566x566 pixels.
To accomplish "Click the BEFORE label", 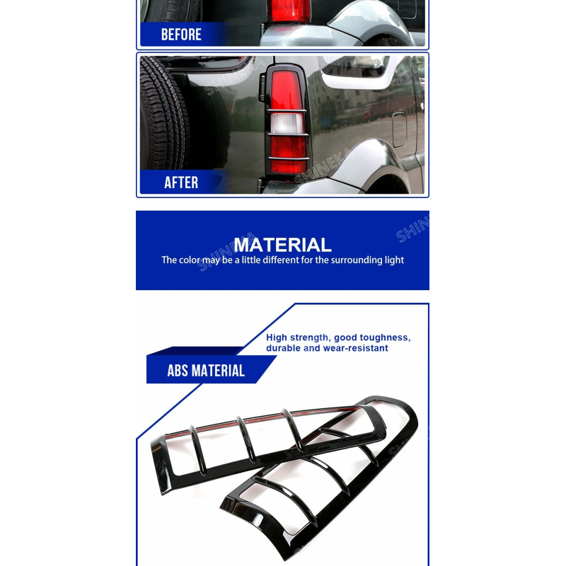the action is tap(181, 35).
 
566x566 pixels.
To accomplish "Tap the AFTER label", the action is tap(181, 183).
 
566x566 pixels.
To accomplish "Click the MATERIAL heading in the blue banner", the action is tap(282, 245).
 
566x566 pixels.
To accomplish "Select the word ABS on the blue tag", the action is tap(178, 371).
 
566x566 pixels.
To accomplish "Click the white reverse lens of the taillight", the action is tap(287, 123).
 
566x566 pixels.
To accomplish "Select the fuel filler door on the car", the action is tap(400, 129).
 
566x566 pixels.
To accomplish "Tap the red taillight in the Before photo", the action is tap(289, 11).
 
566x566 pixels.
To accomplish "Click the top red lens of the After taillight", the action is tap(287, 91).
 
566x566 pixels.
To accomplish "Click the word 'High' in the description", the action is tap(277, 338).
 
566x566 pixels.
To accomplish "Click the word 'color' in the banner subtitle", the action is tap(190, 260).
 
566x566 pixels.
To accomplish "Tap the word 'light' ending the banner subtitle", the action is tap(395, 260).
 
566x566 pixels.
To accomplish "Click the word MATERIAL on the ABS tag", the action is tap(218, 371).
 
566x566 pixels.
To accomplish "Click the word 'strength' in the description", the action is tap(310, 338).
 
